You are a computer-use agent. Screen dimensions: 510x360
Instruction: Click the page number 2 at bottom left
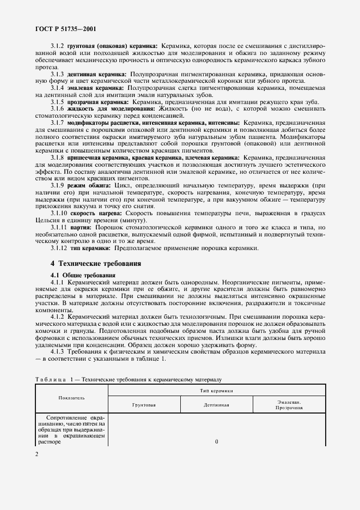36,453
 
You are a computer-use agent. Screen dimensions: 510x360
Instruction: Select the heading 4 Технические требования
95,263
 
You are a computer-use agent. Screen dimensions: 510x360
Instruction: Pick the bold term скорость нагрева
94,214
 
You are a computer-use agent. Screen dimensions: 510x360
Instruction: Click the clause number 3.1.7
57,123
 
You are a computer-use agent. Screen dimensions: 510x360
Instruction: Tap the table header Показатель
71,398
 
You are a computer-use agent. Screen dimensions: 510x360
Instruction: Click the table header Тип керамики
216,390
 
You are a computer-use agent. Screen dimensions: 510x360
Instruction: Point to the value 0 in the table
216,441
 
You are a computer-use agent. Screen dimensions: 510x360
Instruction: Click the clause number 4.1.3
57,352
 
